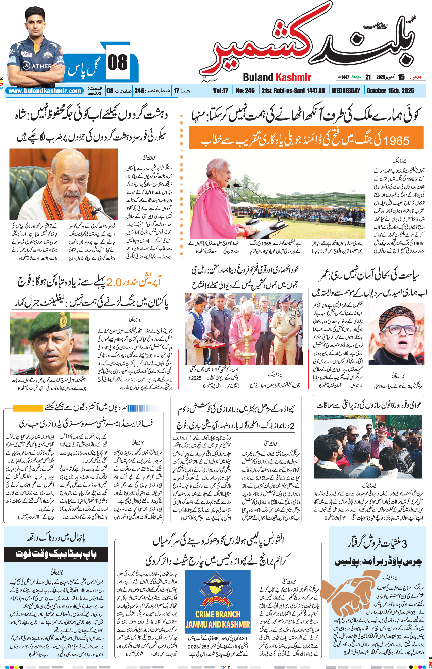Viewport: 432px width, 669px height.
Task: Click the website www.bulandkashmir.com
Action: click(45, 91)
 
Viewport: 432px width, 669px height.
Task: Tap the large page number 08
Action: click(117, 63)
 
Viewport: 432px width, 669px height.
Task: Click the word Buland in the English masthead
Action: click(258, 77)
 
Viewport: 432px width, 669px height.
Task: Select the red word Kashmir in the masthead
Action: click(293, 77)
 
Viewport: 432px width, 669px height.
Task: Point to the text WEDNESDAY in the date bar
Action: click(345, 91)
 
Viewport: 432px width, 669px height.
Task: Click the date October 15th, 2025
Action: click(390, 91)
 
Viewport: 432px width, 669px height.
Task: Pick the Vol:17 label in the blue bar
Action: click(220, 91)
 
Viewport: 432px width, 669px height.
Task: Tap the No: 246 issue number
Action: click(245, 91)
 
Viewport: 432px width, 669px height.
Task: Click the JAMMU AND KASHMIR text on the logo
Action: click(218, 624)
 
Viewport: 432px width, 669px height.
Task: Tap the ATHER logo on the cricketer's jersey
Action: click(38, 66)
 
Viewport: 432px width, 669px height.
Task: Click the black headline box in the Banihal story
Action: click(56, 554)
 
